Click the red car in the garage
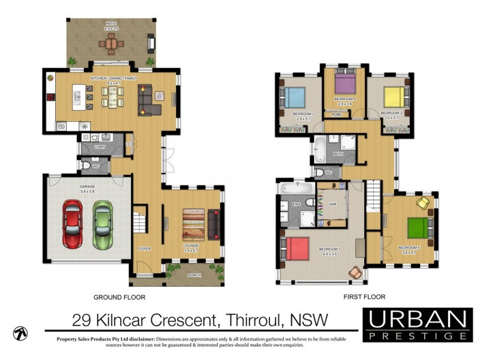(73, 224)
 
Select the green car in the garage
(102, 224)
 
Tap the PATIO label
(112, 24)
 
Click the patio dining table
(112, 43)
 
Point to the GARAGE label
(88, 187)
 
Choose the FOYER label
(144, 248)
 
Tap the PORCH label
(194, 275)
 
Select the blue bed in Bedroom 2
(295, 97)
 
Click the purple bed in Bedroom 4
(346, 82)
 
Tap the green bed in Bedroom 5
(418, 228)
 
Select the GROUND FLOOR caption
(119, 296)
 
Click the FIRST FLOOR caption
(365, 296)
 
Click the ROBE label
(336, 113)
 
